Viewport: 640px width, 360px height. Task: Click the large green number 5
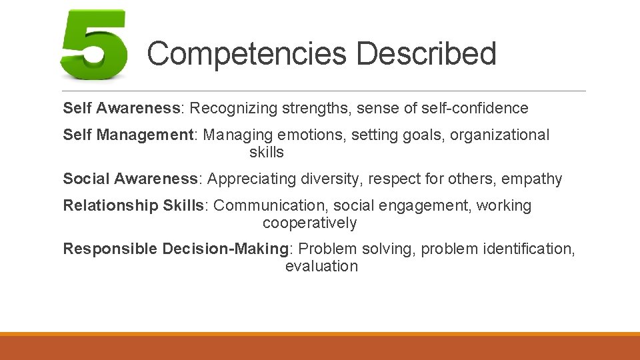click(x=93, y=45)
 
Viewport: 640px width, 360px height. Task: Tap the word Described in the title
click(x=426, y=53)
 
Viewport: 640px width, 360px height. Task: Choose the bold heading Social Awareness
click(x=131, y=179)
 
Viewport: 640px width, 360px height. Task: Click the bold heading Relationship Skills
click(x=136, y=205)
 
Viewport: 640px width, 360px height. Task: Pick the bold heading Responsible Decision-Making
click(x=175, y=249)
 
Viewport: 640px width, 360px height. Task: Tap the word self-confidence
click(x=474, y=108)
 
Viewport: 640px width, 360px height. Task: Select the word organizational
click(x=499, y=135)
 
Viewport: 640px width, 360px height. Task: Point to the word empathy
click(x=532, y=179)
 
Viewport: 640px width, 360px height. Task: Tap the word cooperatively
click(x=309, y=223)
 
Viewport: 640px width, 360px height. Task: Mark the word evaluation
click(x=321, y=266)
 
